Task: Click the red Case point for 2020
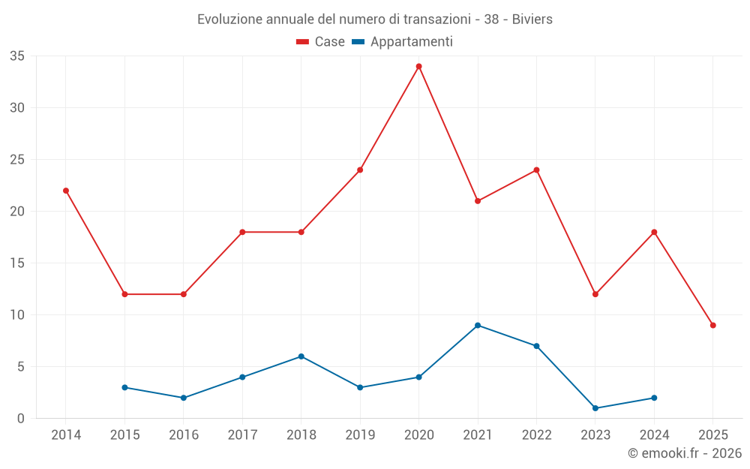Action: (x=419, y=66)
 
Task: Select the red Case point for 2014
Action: (x=66, y=191)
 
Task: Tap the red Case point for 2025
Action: (x=713, y=325)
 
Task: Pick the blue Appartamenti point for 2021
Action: (x=478, y=325)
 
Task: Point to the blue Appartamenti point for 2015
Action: (x=124, y=387)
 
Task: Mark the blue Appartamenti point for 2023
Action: (x=595, y=408)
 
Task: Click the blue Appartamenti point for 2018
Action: (x=301, y=356)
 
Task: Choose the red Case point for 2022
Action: (x=537, y=170)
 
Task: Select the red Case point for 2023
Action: (x=595, y=294)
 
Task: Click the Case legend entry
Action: (x=321, y=42)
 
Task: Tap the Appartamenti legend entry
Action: (x=403, y=42)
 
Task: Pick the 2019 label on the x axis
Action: (x=360, y=435)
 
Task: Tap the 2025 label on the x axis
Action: (x=713, y=435)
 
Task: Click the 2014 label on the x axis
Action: (x=66, y=435)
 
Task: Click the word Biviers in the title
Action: (x=532, y=20)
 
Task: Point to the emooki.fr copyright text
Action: (x=684, y=453)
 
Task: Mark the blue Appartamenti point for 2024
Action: (x=655, y=398)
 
